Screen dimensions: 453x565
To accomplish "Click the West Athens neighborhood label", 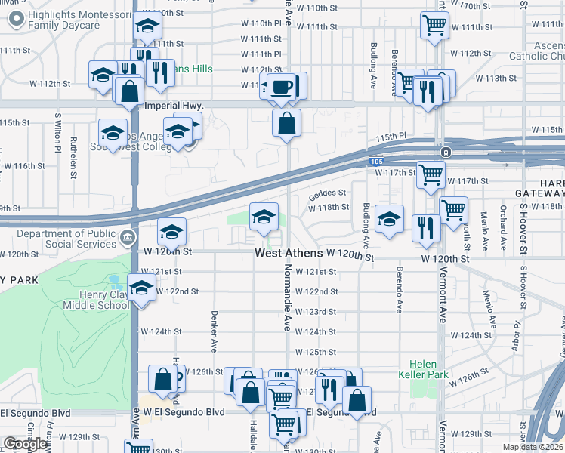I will [289, 254].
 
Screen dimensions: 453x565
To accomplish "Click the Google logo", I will [24, 444].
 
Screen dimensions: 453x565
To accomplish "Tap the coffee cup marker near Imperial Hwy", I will [283, 87].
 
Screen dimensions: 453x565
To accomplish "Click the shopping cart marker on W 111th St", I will [434, 25].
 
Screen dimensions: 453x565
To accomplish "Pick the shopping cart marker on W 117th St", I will [431, 174].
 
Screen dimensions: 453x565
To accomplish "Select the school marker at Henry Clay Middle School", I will [141, 288].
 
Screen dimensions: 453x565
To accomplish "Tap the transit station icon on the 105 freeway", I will [447, 152].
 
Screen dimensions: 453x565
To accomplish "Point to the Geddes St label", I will [327, 193].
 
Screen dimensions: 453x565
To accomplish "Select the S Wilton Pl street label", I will [57, 132].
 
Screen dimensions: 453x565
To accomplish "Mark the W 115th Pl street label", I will [392, 136].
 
